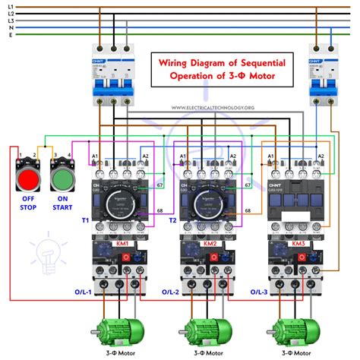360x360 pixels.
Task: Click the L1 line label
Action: click(x=10, y=6)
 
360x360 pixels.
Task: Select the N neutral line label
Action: click(x=10, y=28)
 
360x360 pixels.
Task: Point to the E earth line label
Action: click(x=10, y=36)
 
